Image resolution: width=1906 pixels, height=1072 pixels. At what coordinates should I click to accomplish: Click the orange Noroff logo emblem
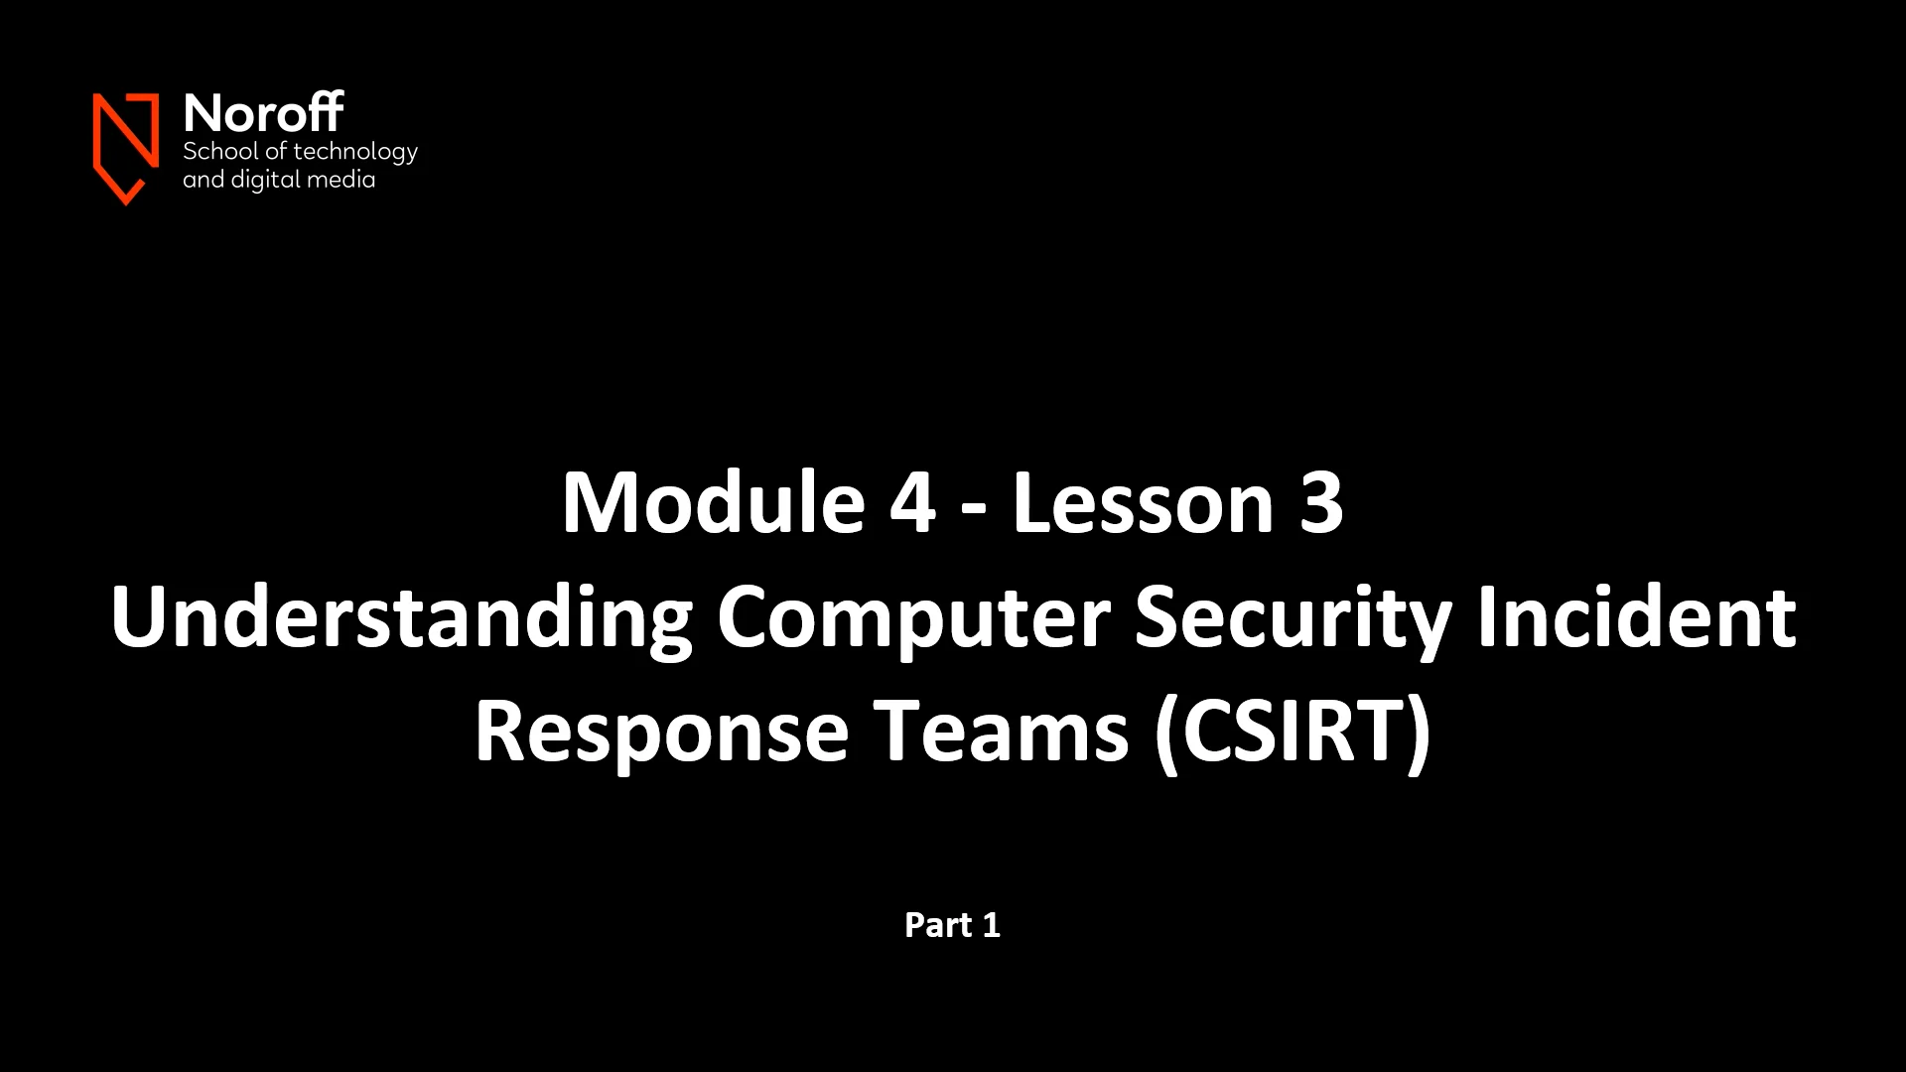point(126,147)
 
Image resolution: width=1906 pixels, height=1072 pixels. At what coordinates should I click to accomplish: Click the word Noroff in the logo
point(263,114)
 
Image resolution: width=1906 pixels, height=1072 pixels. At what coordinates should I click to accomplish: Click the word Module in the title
point(713,503)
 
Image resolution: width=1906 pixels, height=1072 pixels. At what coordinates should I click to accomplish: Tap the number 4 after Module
point(912,503)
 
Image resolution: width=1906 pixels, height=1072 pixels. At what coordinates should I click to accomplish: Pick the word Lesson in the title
point(1142,503)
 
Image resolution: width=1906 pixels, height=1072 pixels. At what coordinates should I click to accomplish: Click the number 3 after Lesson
point(1321,503)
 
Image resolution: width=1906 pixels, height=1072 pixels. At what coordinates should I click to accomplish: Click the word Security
point(1293,618)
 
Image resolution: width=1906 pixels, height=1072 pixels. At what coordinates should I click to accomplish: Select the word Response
point(661,733)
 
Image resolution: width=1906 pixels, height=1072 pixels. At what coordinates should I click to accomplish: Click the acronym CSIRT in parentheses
point(1293,733)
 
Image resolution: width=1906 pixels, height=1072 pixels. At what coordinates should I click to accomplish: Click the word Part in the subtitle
point(937,925)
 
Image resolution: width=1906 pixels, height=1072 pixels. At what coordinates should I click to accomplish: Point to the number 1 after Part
point(991,925)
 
